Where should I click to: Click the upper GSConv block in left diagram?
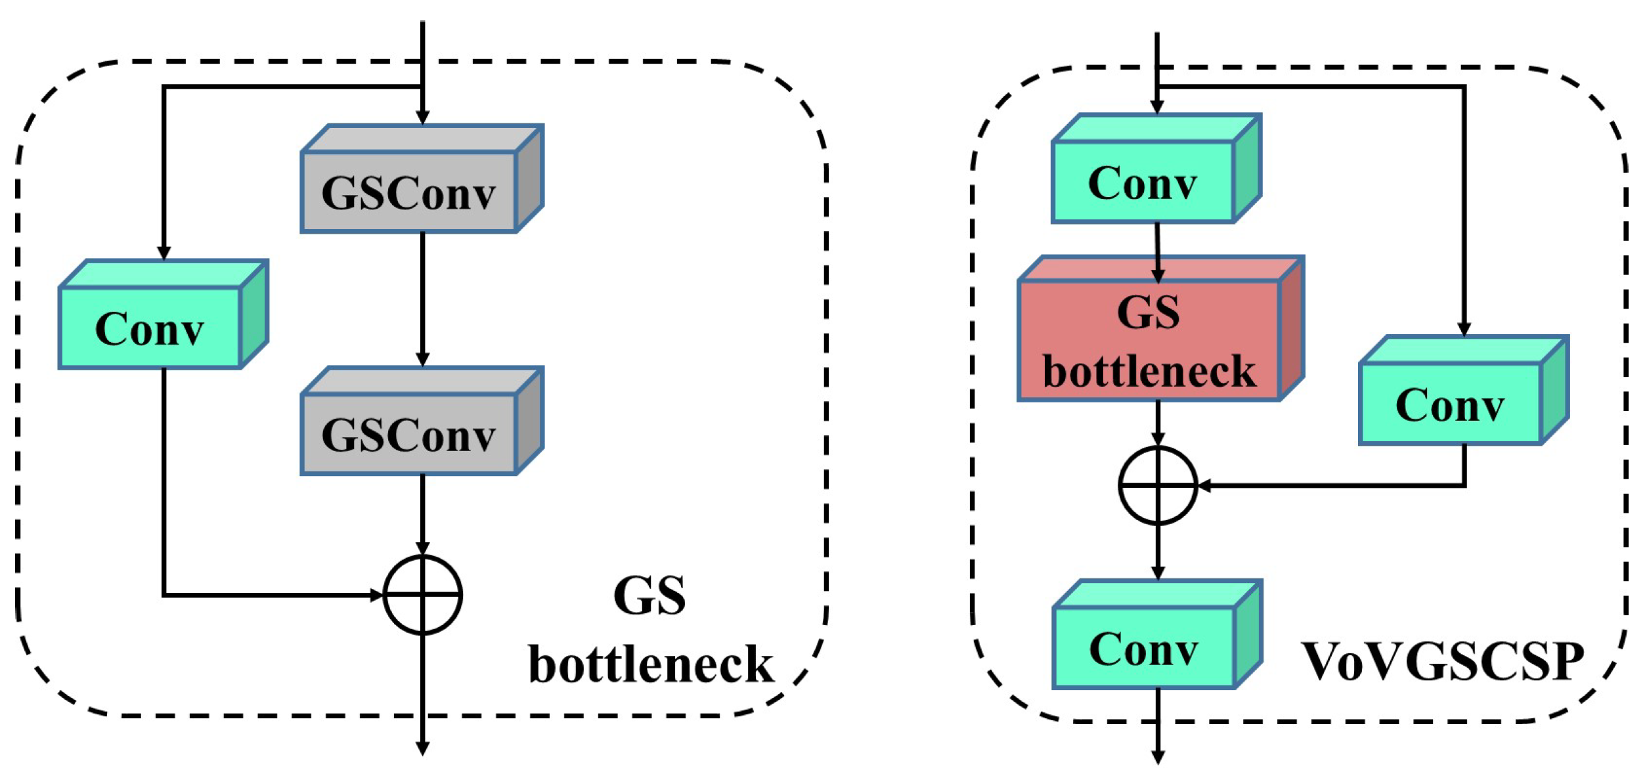click(408, 192)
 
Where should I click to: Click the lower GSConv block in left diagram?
click(408, 434)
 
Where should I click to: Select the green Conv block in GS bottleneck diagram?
click(150, 328)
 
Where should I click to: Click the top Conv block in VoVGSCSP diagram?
click(1143, 182)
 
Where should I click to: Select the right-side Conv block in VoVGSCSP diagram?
click(1449, 404)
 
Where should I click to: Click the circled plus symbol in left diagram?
click(423, 595)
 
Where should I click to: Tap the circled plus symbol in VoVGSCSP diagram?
click(1158, 486)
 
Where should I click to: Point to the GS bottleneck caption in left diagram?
click(650, 630)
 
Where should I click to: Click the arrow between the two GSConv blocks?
click(423, 299)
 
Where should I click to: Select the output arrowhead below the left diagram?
click(423, 748)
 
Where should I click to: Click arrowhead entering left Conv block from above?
click(164, 253)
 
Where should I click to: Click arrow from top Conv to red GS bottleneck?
click(1158, 253)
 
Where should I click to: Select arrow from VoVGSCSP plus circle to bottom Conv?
click(1158, 551)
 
